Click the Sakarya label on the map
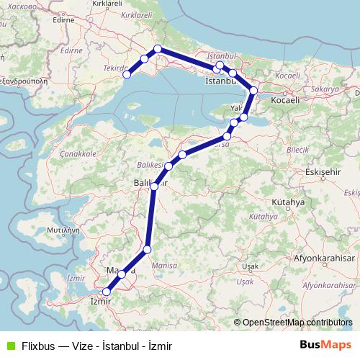pyautogui.click(x=325, y=89)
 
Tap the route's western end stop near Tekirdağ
pyautogui.click(x=127, y=74)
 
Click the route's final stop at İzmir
pyautogui.click(x=107, y=292)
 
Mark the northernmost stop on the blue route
pyautogui.click(x=158, y=49)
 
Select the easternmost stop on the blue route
pyautogui.click(x=253, y=91)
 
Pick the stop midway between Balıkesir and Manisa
pyautogui.click(x=147, y=250)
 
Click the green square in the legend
pyautogui.click(x=9, y=345)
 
